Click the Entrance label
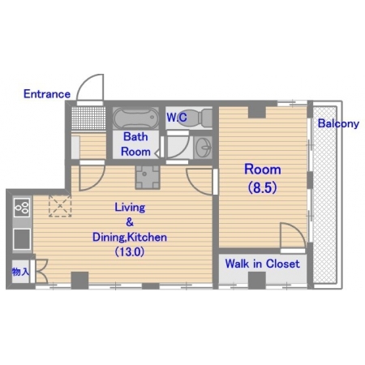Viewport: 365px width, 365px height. point(47,94)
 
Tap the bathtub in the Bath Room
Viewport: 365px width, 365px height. point(135,118)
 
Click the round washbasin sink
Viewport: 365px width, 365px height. point(204,148)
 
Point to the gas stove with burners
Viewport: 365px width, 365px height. point(22,208)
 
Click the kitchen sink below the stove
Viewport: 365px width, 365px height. point(22,239)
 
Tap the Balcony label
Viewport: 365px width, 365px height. point(338,123)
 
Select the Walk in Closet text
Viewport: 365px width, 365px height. point(262,264)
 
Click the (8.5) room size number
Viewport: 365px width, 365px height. point(263,187)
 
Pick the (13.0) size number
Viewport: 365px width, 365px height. point(130,251)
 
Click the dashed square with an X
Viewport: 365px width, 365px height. point(60,206)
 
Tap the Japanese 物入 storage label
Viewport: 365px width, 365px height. point(20,272)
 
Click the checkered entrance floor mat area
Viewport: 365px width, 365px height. point(88,118)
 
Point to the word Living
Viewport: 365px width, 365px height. point(130,208)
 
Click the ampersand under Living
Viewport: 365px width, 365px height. point(130,222)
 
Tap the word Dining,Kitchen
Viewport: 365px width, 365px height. point(130,237)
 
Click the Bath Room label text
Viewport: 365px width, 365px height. point(135,144)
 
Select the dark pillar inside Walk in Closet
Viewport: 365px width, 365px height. point(257,281)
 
